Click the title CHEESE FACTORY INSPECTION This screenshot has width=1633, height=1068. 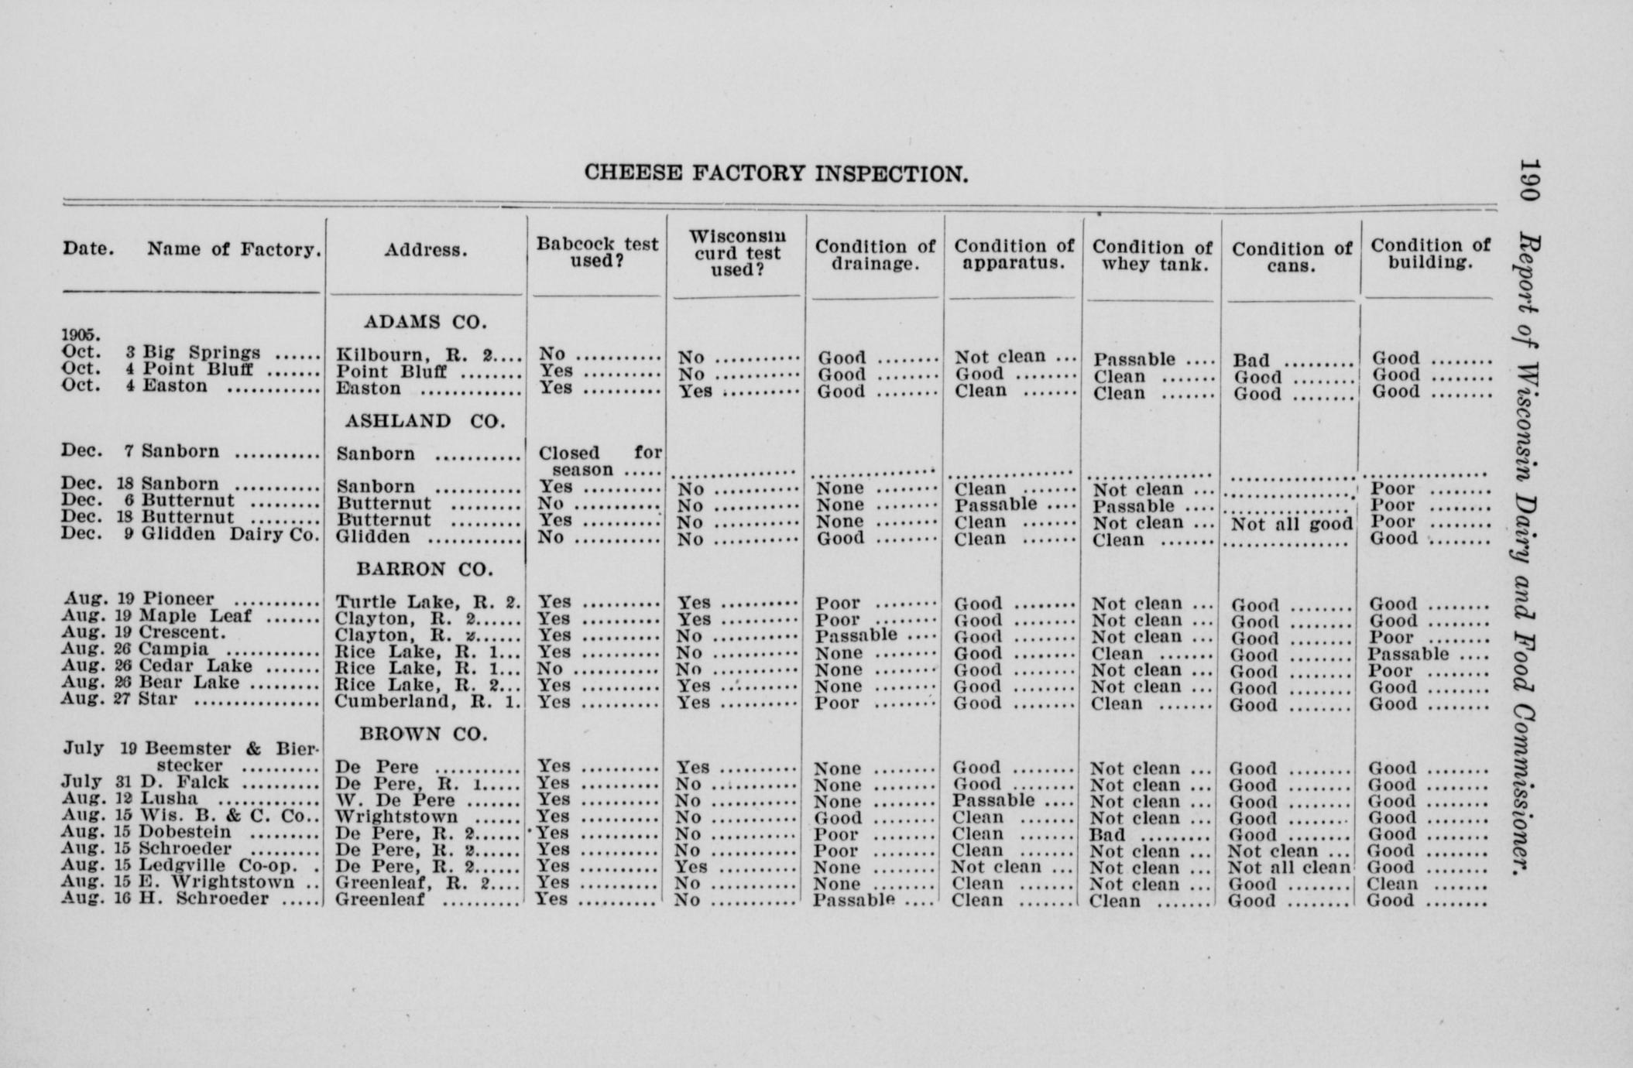(776, 173)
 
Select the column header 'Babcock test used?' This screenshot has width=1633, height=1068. (597, 252)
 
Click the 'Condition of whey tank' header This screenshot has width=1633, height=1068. (1152, 255)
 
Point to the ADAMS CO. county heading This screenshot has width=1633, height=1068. (425, 322)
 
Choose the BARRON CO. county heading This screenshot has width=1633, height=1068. (424, 570)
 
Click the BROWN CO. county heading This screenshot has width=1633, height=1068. (424, 734)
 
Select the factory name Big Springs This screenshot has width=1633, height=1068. (201, 353)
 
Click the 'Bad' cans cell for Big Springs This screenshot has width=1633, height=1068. (1252, 361)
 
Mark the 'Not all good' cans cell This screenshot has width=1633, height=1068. (1291, 524)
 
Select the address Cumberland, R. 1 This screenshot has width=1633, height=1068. (427, 703)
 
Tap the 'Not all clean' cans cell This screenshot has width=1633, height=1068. (1289, 868)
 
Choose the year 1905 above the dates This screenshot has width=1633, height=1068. (81, 335)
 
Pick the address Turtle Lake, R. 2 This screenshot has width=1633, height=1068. (427, 602)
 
